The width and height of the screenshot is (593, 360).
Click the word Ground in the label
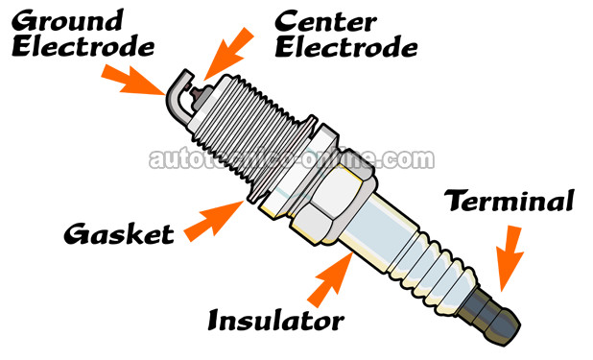tap(67, 20)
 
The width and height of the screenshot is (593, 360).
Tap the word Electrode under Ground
tap(83, 47)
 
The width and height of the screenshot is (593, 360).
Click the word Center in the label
tap(325, 21)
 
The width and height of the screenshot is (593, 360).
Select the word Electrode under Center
tap(346, 47)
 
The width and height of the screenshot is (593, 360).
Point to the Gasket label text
tap(119, 233)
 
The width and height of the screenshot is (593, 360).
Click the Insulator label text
tap(276, 321)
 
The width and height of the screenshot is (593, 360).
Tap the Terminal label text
tap(510, 201)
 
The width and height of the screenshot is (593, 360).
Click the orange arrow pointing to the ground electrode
tap(133, 81)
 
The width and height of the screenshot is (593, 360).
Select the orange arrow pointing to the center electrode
tap(228, 54)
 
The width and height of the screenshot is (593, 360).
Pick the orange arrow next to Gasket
tap(214, 222)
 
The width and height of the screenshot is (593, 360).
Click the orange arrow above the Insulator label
tap(330, 279)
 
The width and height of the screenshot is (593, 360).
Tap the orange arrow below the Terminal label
tap(510, 258)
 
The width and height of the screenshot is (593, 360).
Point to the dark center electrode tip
tap(197, 91)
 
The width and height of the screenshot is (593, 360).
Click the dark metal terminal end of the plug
tap(489, 317)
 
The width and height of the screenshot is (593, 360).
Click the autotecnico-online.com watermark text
tap(292, 159)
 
